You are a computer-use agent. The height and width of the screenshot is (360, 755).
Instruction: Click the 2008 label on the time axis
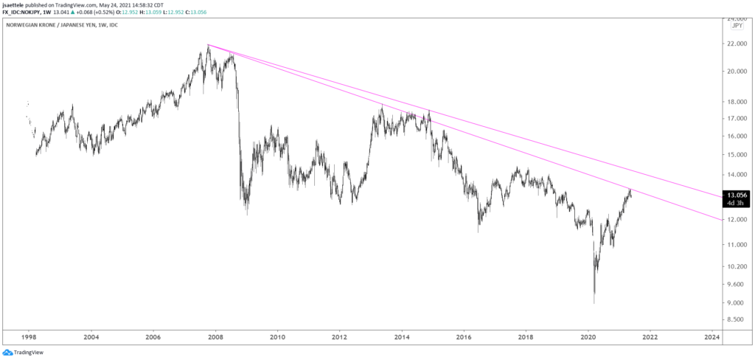215,337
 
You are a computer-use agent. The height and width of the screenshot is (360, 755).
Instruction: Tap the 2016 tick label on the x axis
464,337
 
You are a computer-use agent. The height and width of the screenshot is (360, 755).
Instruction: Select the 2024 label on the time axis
711,337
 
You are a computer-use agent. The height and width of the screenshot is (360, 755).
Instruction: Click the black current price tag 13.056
739,195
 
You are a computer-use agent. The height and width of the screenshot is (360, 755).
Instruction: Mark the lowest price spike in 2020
594,303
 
